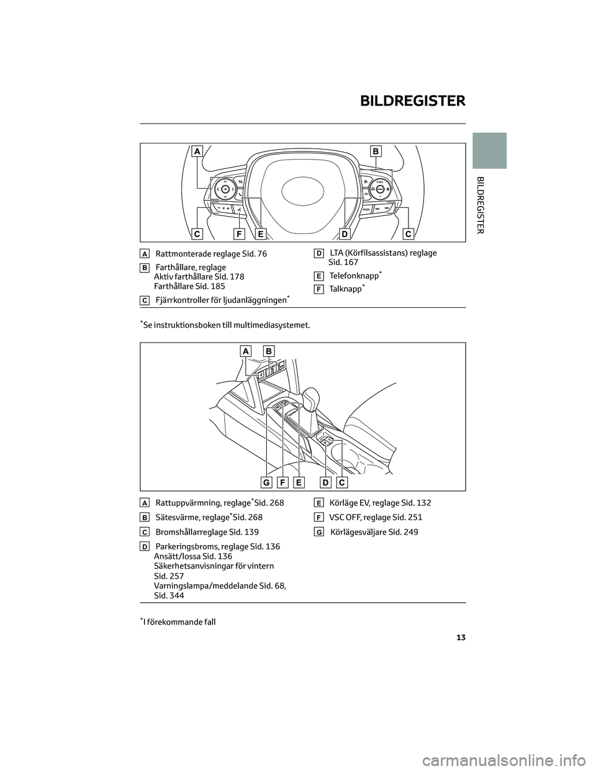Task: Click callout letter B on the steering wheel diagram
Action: click(x=376, y=151)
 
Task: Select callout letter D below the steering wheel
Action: click(x=345, y=234)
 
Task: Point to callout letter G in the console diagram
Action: click(x=266, y=482)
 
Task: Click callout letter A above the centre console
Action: click(x=246, y=351)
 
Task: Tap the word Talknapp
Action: click(x=346, y=290)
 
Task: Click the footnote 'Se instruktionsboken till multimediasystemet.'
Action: click(x=226, y=325)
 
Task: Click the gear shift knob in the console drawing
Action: click(x=312, y=397)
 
